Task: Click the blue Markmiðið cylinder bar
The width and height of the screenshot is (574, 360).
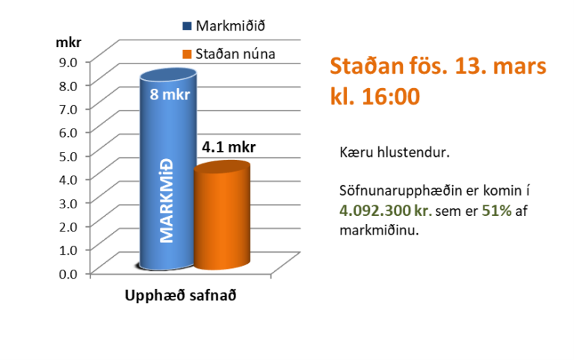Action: [168, 172]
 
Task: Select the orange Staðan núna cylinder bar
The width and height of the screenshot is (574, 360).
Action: [222, 217]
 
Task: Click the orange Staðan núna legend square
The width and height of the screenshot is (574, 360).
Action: [187, 54]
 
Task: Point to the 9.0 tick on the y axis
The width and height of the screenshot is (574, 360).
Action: [68, 61]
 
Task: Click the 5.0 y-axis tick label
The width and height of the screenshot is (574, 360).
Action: [68, 155]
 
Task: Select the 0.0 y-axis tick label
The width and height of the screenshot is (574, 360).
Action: [68, 273]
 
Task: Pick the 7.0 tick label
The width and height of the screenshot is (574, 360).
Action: [68, 108]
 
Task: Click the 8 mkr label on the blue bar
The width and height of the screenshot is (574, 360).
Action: [168, 95]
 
